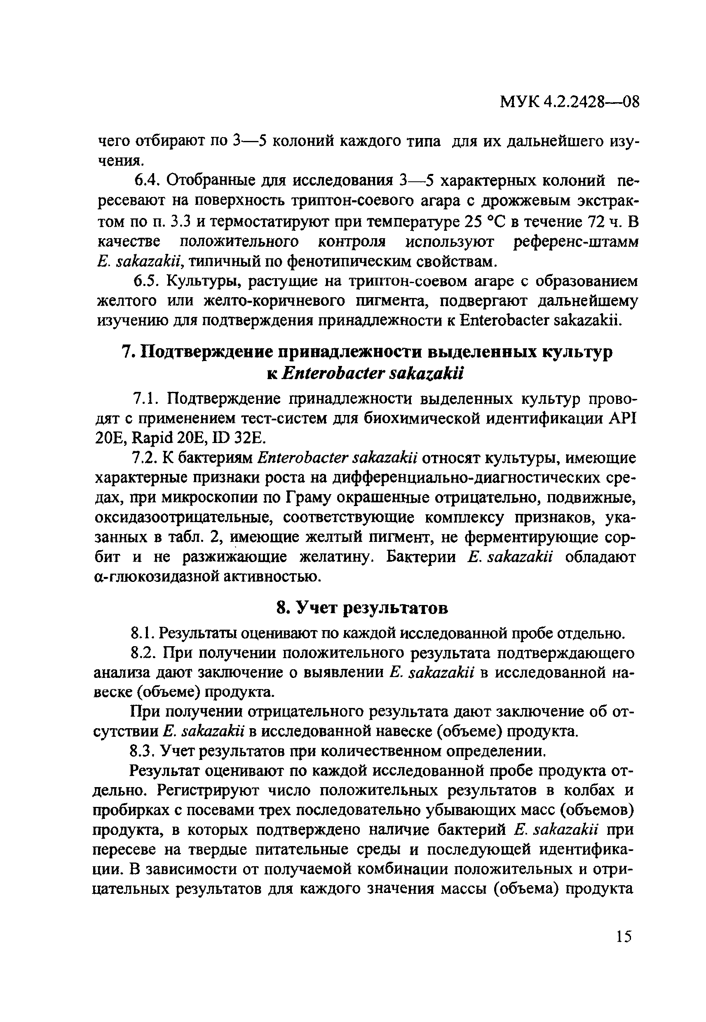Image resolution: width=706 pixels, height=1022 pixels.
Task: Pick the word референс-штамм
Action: [576, 241]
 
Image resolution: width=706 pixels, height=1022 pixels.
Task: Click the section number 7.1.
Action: [145, 398]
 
